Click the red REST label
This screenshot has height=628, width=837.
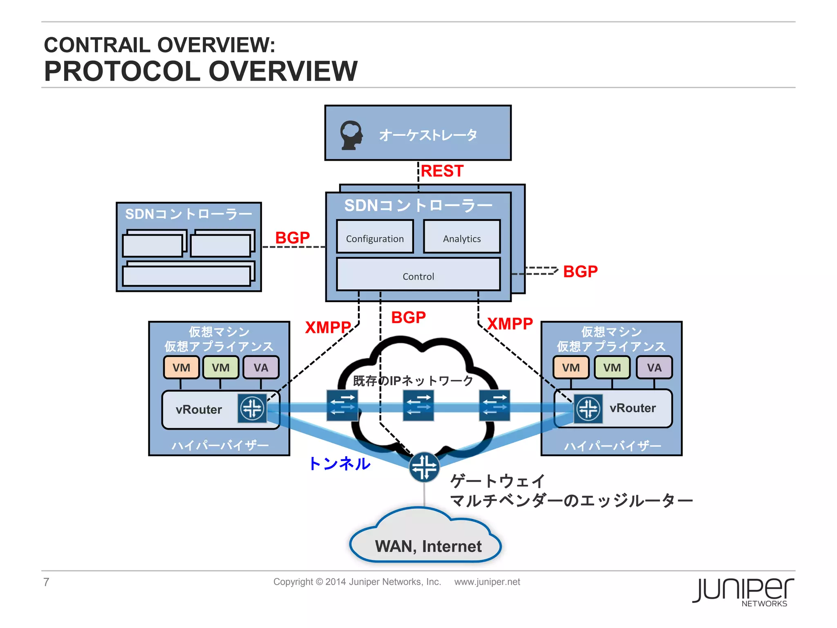[x=442, y=171]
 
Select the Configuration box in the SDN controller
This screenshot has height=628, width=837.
[x=375, y=237]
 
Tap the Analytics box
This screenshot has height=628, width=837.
[x=462, y=237]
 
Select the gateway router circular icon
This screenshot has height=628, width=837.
[x=424, y=467]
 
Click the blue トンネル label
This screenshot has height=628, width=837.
[x=339, y=464]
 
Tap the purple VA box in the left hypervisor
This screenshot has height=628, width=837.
[x=261, y=367]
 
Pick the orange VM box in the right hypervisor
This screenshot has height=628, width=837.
[x=571, y=367]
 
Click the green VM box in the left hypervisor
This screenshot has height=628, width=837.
[x=221, y=367]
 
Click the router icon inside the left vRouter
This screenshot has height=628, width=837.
[x=252, y=408]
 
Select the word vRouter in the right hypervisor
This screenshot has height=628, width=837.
[x=632, y=408]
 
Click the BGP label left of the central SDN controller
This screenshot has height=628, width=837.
[x=292, y=238]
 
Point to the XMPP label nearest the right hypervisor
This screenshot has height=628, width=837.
[x=510, y=324]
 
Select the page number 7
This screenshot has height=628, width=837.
[x=46, y=582]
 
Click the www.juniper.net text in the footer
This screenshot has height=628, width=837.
[x=487, y=582]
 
